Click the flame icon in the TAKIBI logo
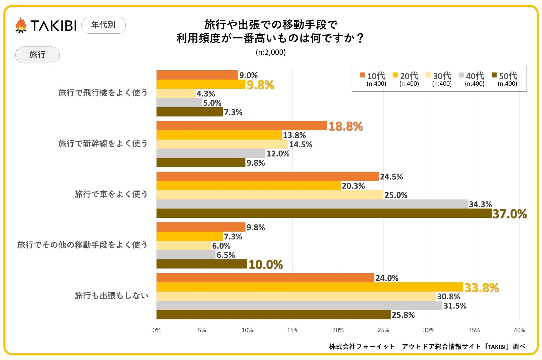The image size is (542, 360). (x=21, y=25)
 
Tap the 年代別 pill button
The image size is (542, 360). (x=103, y=25)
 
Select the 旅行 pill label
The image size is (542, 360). (x=37, y=55)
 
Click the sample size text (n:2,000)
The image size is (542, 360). (x=270, y=52)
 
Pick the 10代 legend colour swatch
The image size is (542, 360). (x=362, y=75)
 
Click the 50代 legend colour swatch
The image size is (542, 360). (x=494, y=75)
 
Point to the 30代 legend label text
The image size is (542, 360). (x=442, y=76)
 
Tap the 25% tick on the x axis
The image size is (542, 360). (x=383, y=330)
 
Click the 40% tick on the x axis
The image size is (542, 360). (x=519, y=330)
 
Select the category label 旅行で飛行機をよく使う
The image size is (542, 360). (x=103, y=93)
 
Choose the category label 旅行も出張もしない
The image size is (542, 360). (x=111, y=296)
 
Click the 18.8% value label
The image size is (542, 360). (x=345, y=126)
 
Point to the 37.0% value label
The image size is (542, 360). (x=509, y=214)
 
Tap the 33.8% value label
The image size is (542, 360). (x=481, y=288)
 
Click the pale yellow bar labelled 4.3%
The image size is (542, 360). (x=176, y=94)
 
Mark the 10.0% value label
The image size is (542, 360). (x=265, y=265)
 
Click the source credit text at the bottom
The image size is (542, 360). (x=427, y=347)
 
